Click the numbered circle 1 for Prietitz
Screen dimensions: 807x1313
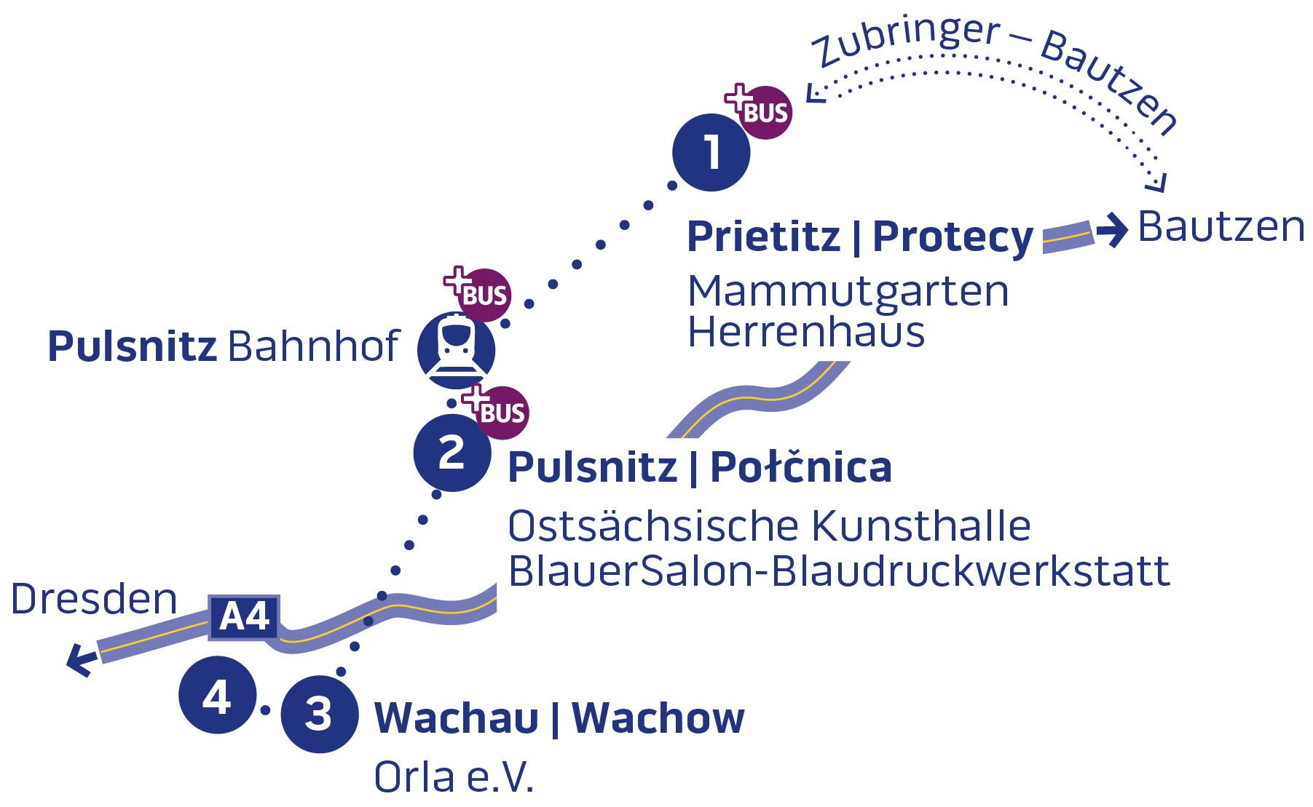711,153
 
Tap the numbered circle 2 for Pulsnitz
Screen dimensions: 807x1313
452,453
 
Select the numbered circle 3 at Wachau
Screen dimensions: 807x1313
319,714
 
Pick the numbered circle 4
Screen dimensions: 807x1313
217,696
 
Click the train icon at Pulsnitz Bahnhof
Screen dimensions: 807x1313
457,349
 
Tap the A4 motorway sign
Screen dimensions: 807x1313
244,617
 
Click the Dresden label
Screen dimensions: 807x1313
94,600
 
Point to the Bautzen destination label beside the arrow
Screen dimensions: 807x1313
1221,227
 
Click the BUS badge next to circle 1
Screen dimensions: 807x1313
764,112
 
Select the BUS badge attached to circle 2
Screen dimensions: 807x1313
502,412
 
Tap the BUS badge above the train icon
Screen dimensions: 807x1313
484,295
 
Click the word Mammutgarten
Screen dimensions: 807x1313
848,292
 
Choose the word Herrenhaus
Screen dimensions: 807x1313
806,333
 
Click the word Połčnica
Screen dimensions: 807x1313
800,467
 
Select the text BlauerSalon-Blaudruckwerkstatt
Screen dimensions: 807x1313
839,572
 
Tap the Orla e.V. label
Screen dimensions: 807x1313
454,777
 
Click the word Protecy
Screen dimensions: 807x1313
953,238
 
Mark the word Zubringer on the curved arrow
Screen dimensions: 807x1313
907,40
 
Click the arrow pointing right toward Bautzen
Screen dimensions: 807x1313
1111,230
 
